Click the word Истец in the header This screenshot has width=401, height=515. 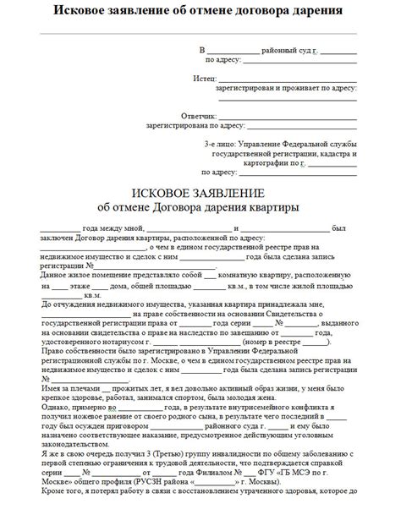coord(204,77)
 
